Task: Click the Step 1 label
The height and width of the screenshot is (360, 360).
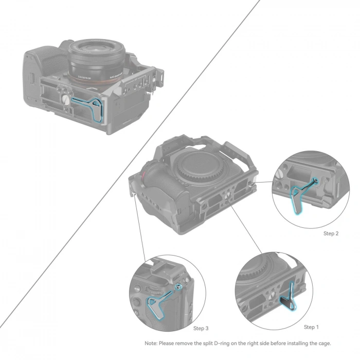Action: click(312, 327)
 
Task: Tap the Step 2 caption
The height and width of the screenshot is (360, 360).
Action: click(331, 233)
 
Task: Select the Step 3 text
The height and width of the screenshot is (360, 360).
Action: click(201, 328)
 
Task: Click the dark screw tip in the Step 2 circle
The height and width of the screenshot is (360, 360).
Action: click(314, 181)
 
